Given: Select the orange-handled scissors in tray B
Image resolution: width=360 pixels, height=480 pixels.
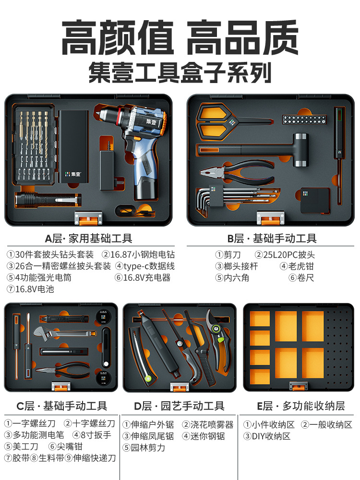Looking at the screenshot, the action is (x=227, y=122).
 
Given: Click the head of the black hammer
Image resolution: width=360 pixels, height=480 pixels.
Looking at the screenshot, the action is (x=300, y=150).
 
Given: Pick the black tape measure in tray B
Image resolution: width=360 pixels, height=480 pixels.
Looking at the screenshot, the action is (x=315, y=200).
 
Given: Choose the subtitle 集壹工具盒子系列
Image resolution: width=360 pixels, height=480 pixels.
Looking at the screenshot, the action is (x=180, y=72).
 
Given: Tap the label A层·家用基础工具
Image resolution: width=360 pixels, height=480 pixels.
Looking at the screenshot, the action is (x=88, y=238).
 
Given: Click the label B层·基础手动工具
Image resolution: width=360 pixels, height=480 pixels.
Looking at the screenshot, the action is (x=272, y=238).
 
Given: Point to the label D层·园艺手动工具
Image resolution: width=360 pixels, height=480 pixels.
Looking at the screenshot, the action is (x=179, y=406).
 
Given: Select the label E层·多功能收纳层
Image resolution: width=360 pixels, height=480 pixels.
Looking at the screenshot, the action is (x=301, y=406).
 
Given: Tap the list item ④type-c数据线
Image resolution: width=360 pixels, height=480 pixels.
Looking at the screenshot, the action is (x=145, y=266).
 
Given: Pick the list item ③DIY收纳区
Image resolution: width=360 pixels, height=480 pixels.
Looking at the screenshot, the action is (x=266, y=436).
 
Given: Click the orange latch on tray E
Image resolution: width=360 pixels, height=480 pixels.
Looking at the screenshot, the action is (x=298, y=386).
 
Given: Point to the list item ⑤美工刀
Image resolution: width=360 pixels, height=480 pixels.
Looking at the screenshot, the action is (x=21, y=446).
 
